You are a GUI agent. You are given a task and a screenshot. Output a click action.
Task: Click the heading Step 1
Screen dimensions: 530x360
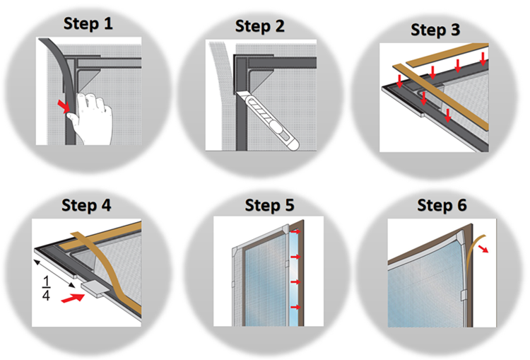click(x=88, y=24)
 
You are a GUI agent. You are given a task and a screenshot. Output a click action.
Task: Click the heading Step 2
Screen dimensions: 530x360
click(x=259, y=26)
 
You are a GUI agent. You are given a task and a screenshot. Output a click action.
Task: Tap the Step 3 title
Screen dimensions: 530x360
click(x=435, y=30)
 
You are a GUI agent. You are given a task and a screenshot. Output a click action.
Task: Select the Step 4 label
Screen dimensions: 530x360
click(x=86, y=205)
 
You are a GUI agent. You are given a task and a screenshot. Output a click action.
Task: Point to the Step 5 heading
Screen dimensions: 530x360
click(x=269, y=205)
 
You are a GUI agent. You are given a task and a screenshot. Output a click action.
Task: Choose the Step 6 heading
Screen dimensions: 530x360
click(x=442, y=205)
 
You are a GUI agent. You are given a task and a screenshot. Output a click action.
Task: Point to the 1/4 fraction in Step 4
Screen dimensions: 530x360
click(x=47, y=289)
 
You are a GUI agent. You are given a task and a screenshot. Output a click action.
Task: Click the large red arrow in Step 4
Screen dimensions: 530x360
click(x=73, y=298)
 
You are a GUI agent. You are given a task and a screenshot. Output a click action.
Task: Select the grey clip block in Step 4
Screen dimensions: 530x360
click(x=95, y=289)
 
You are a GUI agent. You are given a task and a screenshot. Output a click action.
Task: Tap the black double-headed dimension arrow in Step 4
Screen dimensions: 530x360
click(x=54, y=273)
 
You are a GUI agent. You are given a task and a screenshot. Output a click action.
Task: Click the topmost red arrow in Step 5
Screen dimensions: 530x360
click(x=295, y=232)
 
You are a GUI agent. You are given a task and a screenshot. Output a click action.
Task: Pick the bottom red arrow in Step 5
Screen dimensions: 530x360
click(x=295, y=307)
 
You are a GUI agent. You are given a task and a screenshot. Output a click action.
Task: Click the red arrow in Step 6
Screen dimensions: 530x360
click(x=484, y=249)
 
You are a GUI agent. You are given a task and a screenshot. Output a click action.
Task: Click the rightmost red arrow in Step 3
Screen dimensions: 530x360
click(x=483, y=59)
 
